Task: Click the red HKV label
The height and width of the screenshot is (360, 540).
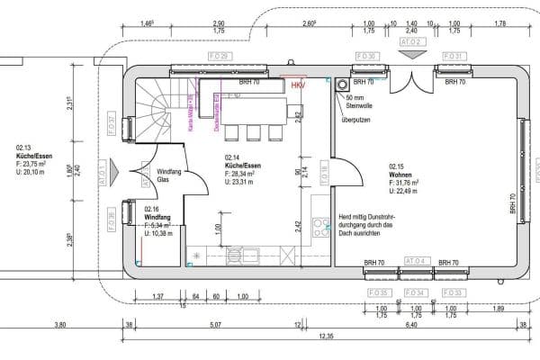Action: [x=298, y=85]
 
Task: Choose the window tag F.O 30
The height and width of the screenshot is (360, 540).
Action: [x=367, y=57]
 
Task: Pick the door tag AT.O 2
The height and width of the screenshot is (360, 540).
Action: [x=410, y=41]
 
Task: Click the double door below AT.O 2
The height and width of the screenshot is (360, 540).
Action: [x=411, y=85]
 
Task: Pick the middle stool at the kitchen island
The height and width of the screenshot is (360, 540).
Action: [x=251, y=132]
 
